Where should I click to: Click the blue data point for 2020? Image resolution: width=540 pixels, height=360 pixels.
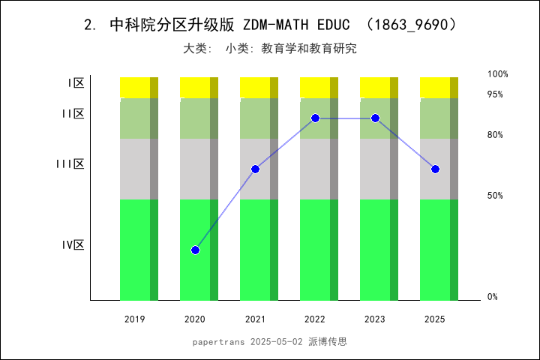(195, 250)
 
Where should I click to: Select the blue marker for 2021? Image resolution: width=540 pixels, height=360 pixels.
(255, 169)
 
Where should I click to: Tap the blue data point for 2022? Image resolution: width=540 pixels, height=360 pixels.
(315, 118)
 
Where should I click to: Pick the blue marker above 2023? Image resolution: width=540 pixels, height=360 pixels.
(375, 118)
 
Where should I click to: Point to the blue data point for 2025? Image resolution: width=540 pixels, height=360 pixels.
(435, 169)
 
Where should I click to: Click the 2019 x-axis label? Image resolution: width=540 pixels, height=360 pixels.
(135, 319)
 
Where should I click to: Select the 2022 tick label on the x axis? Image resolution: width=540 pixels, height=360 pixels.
(315, 319)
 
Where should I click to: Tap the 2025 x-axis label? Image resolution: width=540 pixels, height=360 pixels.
(435, 319)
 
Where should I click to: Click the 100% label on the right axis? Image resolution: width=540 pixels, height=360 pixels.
(498, 74)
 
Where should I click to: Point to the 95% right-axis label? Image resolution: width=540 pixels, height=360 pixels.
(495, 94)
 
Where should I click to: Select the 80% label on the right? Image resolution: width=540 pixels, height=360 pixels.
(495, 135)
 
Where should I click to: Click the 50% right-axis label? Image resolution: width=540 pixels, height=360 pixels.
(495, 196)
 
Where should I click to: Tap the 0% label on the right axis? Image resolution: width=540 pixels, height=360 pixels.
(493, 297)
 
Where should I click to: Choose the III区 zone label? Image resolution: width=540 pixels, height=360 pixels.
(70, 164)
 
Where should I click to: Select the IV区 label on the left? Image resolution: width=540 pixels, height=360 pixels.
(73, 245)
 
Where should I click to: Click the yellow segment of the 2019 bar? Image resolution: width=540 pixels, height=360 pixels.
(135, 87)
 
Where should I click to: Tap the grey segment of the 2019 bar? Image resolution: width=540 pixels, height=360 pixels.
(135, 169)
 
